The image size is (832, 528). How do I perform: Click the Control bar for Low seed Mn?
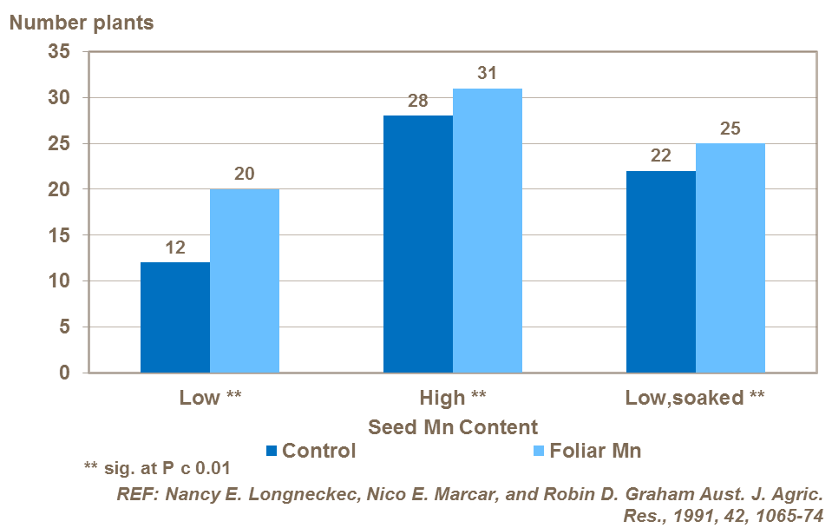pos(174,318)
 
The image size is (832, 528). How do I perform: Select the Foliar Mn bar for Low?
pos(244,281)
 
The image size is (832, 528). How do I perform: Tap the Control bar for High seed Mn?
pos(417,244)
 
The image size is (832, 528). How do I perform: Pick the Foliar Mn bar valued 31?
pos(487,231)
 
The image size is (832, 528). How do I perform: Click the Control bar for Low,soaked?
pos(660,272)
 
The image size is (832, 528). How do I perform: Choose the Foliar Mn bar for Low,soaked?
pos(730,258)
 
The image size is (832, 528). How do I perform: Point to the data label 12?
pos(175,247)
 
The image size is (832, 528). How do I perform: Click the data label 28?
pos(417,101)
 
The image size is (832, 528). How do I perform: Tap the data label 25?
pos(730,129)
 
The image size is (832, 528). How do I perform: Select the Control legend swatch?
pos(271,451)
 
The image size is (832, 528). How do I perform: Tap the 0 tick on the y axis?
pos(64,373)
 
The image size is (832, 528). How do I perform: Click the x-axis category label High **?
pos(452,399)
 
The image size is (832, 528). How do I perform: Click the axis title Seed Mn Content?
pos(453,427)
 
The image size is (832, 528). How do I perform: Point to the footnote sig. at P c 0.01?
pos(157,469)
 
